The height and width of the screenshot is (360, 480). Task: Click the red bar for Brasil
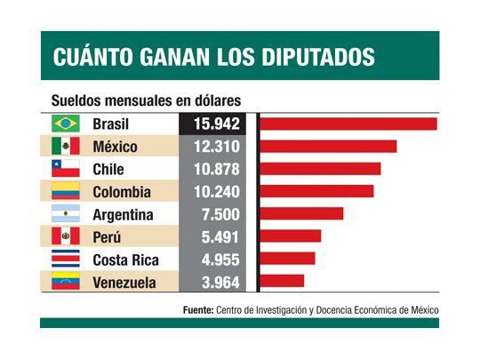click(x=348, y=124)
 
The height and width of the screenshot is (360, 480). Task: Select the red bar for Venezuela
click(x=282, y=282)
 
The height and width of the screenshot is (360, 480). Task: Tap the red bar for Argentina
click(x=301, y=214)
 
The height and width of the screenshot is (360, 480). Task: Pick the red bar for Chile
click(x=320, y=169)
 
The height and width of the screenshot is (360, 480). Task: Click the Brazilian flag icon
click(x=66, y=124)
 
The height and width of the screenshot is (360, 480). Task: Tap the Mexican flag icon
click(x=66, y=146)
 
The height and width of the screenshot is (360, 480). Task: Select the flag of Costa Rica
click(x=66, y=260)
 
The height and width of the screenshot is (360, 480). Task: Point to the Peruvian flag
click(x=66, y=236)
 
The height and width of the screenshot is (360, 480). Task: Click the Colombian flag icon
click(x=66, y=191)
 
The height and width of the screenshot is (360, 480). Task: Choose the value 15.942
click(x=217, y=124)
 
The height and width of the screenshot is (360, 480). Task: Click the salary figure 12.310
click(x=217, y=146)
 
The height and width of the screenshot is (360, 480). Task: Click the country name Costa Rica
click(x=125, y=260)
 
